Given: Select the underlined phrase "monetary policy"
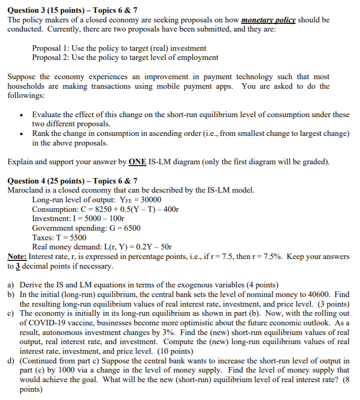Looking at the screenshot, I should [268, 21].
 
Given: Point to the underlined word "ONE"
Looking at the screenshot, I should [138, 162].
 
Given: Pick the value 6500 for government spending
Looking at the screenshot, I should [131, 228].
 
